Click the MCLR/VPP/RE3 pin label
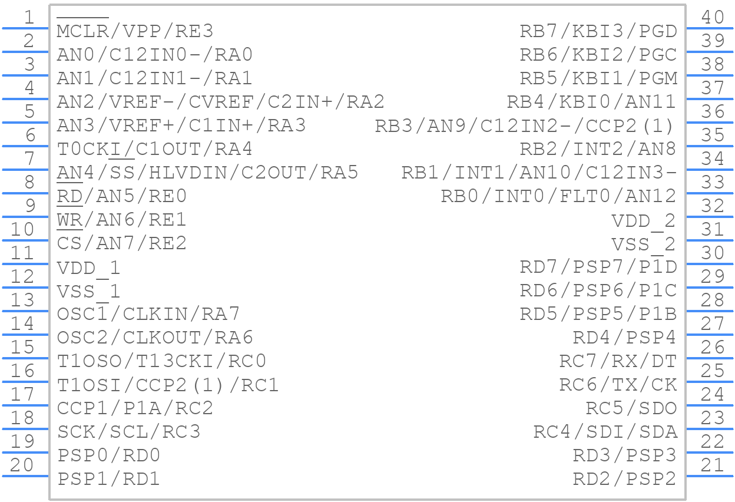[135, 31]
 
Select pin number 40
[713, 17]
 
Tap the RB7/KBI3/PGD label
[598, 31]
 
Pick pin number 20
[22, 465]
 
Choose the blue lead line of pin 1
[25, 28]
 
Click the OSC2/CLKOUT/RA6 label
[155, 338]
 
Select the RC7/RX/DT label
[618, 361]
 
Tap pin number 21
[713, 465]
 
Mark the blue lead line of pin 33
[710, 193]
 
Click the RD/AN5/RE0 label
[122, 196]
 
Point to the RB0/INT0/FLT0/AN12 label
[558, 196]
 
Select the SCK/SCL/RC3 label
[128, 432]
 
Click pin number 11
[22, 253]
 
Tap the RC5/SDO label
[631, 408]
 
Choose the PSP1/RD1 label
[108, 478]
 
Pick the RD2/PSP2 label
[624, 478]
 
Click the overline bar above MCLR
[82, 18]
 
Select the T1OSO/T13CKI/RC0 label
[161, 361]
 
